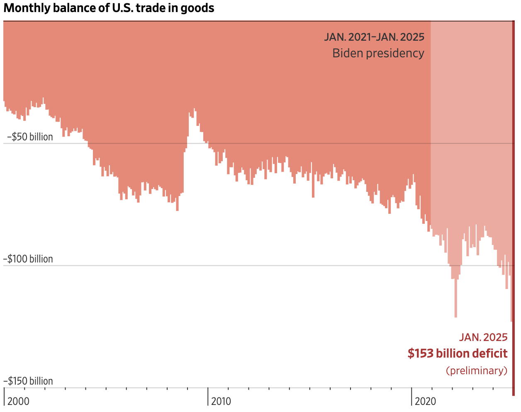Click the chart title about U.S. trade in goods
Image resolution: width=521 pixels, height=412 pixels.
point(109,8)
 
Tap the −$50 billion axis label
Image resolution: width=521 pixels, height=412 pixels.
point(30,137)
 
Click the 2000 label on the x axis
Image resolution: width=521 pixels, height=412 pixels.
point(19,401)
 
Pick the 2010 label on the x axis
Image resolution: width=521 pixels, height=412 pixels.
point(221,401)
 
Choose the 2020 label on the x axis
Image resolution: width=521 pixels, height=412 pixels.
point(426,401)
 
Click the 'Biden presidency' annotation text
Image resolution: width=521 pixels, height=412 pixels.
point(378,54)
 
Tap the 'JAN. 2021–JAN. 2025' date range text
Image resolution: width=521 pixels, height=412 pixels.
point(374,37)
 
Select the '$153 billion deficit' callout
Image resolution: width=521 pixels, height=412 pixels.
point(458,353)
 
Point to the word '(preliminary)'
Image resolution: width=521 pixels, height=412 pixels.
point(477,370)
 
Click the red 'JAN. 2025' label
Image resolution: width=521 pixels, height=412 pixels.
point(483,337)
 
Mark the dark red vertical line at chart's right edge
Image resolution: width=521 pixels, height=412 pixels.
point(513,208)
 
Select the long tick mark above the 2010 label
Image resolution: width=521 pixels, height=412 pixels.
point(208,396)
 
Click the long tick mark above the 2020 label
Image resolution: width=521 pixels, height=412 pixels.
point(411,396)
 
